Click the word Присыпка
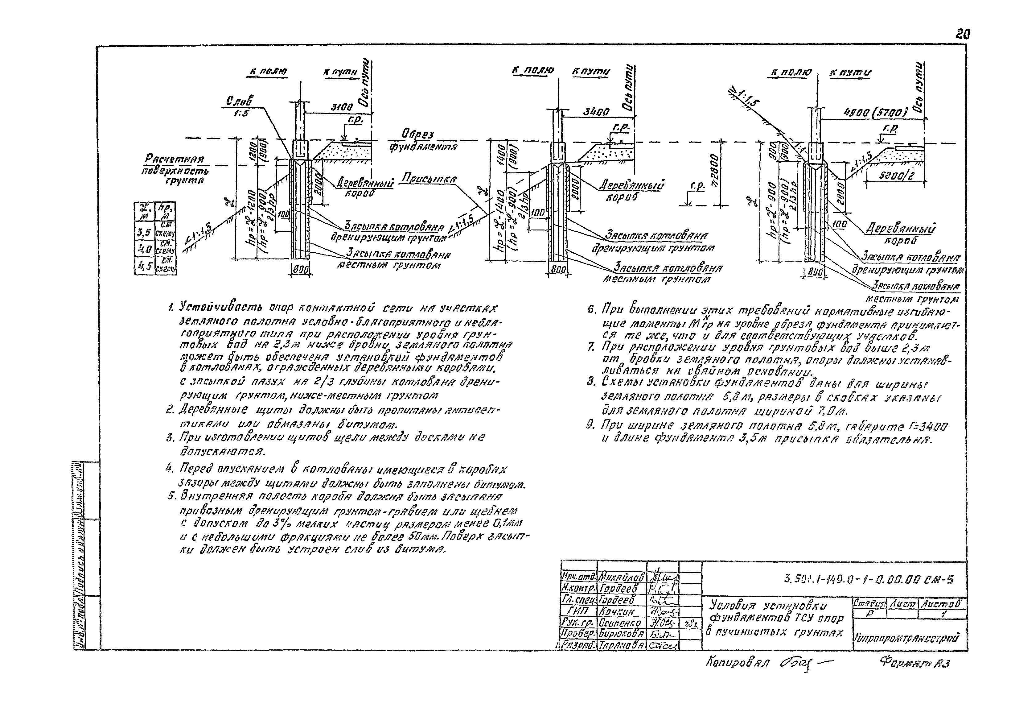coord(429,179)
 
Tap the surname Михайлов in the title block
coord(621,577)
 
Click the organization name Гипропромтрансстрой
coord(908,638)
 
